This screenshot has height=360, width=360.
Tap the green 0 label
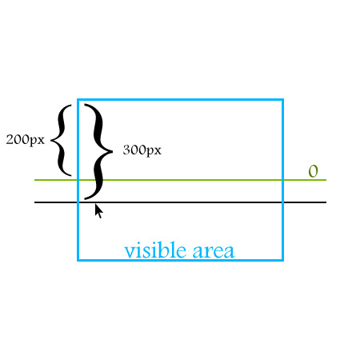click(x=314, y=171)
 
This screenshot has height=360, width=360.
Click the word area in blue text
click(x=214, y=251)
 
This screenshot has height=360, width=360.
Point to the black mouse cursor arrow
click(x=98, y=211)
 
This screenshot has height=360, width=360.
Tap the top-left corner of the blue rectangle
click(x=78, y=99)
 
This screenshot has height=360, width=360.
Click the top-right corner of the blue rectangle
click(x=283, y=99)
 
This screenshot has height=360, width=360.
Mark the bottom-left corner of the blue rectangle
click(x=78, y=260)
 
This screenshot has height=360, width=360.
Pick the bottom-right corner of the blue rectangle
click(x=283, y=260)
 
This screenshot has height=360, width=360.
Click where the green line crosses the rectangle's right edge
click(x=283, y=180)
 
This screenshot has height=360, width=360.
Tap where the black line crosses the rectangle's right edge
click(x=283, y=202)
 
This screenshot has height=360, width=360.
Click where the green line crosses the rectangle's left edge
click(x=78, y=180)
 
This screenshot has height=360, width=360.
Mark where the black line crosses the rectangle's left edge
click(x=78, y=202)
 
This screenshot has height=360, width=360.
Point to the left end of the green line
click(x=34, y=180)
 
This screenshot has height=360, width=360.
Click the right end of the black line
click(x=326, y=202)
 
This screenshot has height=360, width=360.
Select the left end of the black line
click(x=34, y=202)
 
